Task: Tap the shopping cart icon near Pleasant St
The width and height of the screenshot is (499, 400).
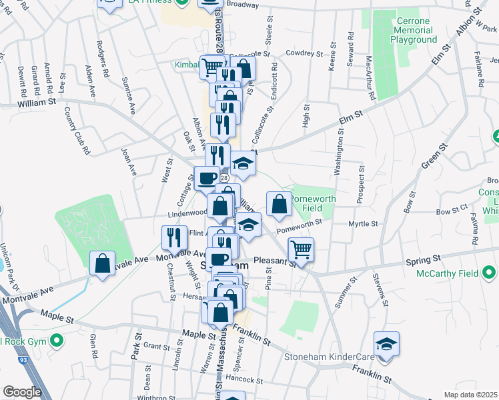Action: [301, 250]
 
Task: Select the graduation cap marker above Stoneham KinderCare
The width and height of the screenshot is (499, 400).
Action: [386, 344]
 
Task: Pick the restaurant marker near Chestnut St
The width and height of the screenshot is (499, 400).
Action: [174, 237]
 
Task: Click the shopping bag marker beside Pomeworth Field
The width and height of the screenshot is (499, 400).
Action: [280, 204]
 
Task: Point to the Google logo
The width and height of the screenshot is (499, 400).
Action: [23, 391]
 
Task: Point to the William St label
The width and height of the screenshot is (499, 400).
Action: [37, 103]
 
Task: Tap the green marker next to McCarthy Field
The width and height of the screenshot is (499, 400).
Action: [490, 273]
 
